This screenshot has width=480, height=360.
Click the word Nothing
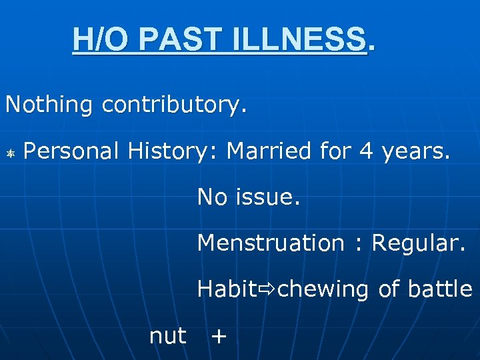49,105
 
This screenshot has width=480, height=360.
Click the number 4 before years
366,152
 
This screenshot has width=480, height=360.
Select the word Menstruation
270,243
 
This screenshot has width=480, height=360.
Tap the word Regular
419,244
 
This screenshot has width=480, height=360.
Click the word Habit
227,289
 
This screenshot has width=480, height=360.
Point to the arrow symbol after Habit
267,290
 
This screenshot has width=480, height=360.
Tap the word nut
168,337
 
